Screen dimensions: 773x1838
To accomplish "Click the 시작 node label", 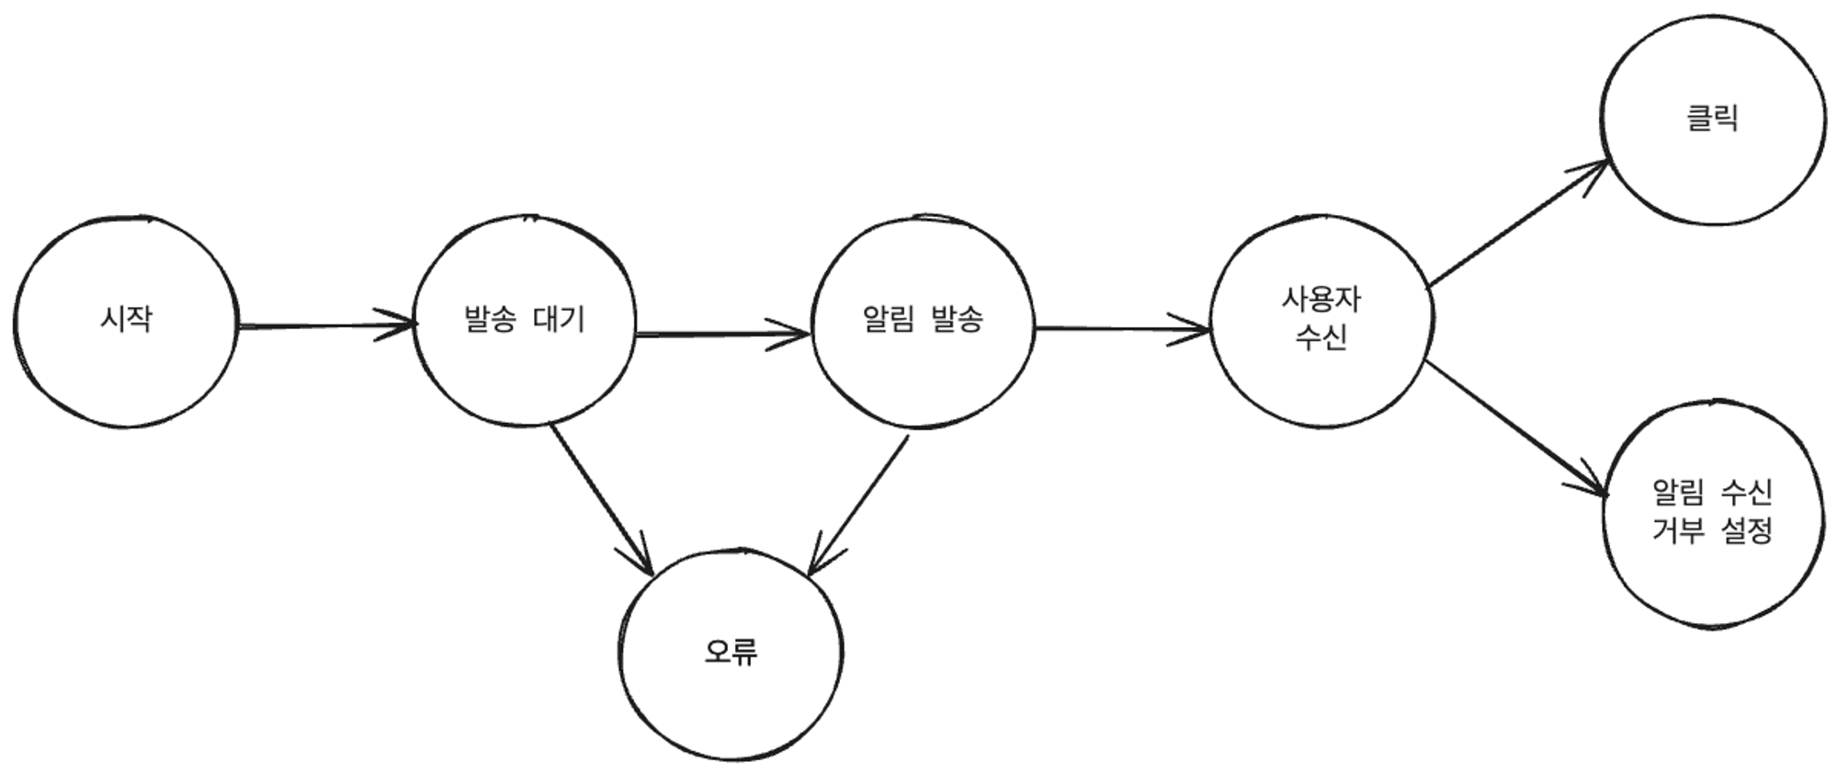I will (126, 319).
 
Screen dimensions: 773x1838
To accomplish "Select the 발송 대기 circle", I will (525, 321).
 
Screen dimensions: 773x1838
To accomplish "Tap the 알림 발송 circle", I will (923, 321).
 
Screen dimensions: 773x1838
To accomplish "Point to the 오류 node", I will (731, 653).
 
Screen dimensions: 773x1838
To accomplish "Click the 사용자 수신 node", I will (1321, 319).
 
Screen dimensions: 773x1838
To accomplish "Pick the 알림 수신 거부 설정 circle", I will (1712, 512).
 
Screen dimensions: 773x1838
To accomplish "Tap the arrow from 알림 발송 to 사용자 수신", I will (1122, 328).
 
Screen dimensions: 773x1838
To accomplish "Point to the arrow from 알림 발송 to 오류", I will (858, 505).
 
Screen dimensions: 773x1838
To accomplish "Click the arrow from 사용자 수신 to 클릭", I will (1516, 224).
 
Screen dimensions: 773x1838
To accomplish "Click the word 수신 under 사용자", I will (1321, 338).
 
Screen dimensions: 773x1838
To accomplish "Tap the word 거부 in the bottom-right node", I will (1678, 531).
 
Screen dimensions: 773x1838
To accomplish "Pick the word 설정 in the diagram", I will (1746, 531).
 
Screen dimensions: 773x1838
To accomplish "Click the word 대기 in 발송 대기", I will (559, 320).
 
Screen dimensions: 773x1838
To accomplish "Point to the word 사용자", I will (1321, 300).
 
